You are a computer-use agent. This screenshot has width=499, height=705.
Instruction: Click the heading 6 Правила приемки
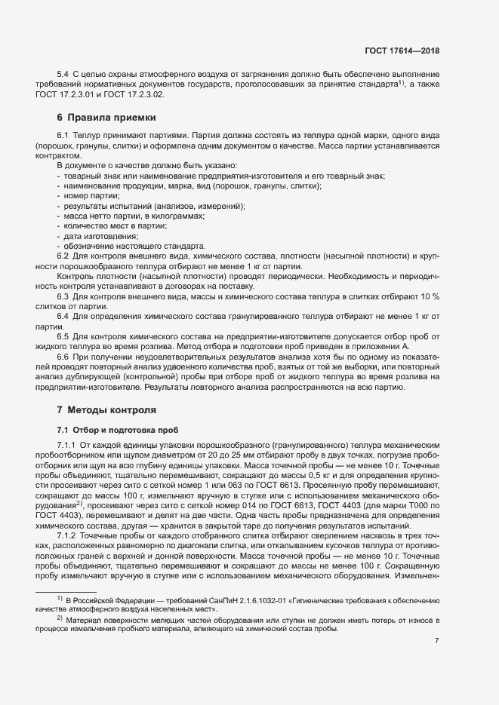[106, 118]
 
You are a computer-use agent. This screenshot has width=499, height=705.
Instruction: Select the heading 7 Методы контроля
[106, 410]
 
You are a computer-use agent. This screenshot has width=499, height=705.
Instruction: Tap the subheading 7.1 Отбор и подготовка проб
[111, 429]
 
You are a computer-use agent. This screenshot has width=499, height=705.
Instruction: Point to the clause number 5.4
[63, 73]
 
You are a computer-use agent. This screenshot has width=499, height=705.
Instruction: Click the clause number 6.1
[63, 134]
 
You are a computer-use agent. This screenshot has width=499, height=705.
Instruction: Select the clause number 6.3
[63, 296]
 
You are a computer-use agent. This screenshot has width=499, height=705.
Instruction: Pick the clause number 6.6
[63, 354]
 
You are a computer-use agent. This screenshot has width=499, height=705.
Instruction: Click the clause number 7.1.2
[66, 535]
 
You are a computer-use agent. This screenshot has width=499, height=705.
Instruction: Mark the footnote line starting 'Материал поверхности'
[249, 618]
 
